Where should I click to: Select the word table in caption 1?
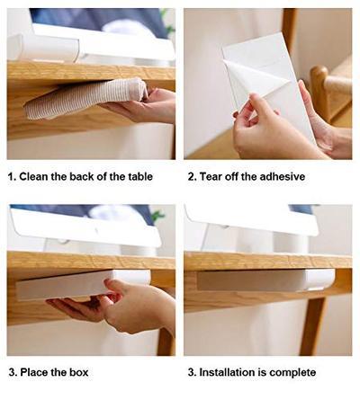tap(135, 176)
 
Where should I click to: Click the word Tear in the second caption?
tap(212, 176)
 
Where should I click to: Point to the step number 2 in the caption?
tap(191, 176)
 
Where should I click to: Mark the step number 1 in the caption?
tap(11, 176)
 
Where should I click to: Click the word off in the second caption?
tap(237, 176)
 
